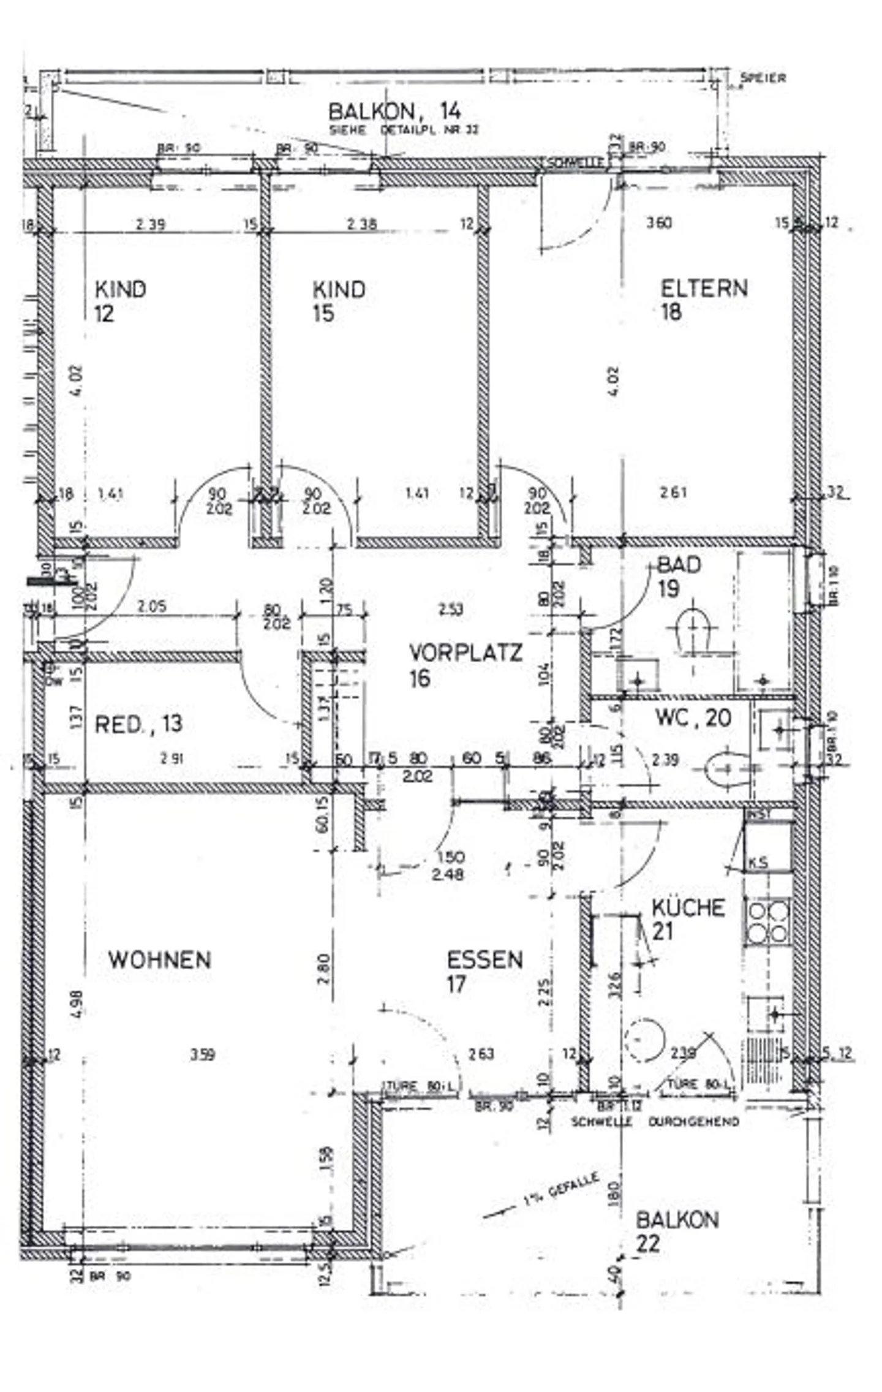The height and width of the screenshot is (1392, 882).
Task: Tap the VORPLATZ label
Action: point(465,664)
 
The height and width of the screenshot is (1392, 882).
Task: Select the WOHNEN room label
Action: point(160,959)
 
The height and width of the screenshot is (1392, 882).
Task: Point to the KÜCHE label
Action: point(687,919)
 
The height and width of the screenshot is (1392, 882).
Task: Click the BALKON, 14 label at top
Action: point(394,112)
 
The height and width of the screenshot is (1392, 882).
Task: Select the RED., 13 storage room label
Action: point(138,724)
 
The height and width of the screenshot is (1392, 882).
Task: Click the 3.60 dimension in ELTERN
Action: point(659,222)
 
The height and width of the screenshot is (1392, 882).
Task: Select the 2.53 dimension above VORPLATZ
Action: point(451,609)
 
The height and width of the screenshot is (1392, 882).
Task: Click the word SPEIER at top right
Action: point(763,78)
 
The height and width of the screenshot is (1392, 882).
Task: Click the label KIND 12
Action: point(119,301)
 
